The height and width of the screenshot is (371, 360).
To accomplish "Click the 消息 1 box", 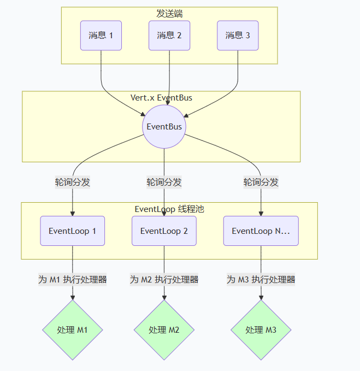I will (x=101, y=36).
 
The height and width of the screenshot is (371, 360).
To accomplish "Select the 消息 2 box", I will (x=169, y=36).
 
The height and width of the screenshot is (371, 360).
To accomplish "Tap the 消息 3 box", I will (x=238, y=36).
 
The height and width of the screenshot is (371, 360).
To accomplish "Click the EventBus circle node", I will (x=164, y=127).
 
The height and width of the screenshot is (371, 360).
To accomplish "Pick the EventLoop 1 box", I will (x=72, y=231).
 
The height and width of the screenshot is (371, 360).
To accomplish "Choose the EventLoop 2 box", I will (x=164, y=231).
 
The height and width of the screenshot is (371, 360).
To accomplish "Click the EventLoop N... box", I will (x=261, y=231).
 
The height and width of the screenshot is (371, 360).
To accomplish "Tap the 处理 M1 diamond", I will (x=72, y=330).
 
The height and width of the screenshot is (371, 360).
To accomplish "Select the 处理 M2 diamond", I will (x=164, y=330).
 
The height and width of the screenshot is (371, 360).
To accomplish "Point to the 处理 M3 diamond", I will (x=261, y=330).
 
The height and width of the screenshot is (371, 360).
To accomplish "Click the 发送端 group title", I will (x=169, y=14).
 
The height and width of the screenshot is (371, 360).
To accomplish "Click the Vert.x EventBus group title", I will (x=161, y=98).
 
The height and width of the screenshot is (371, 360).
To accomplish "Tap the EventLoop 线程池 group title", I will (x=169, y=209).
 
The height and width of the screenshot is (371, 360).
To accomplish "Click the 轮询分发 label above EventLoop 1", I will (x=72, y=182).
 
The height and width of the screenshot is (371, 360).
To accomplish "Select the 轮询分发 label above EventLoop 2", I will (x=164, y=182).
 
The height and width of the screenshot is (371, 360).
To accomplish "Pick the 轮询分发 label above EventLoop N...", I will (x=261, y=182).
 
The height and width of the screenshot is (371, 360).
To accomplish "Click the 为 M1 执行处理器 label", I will (x=72, y=280).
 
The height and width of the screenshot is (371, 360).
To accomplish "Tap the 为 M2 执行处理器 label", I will (x=164, y=280).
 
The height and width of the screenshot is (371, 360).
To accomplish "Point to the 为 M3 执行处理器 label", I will (x=261, y=280).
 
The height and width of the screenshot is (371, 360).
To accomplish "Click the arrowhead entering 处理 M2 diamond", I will (x=164, y=297).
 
